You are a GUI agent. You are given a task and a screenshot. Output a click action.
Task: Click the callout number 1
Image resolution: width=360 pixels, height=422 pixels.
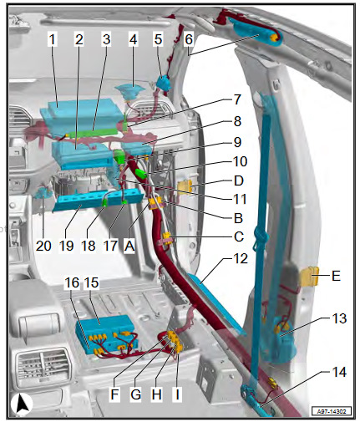pos(52,39)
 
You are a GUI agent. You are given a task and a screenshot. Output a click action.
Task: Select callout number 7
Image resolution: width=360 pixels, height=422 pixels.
pos(236,99)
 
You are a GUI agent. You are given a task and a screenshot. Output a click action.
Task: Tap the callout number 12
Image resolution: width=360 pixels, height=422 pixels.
pos(241,259)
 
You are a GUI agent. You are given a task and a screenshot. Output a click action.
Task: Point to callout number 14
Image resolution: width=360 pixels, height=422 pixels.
pos(339,372)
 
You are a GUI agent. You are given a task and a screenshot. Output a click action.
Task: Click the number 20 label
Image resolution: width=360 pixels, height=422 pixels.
pos(43,246)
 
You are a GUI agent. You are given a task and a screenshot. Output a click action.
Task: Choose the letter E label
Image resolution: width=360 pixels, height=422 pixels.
pos(336,276)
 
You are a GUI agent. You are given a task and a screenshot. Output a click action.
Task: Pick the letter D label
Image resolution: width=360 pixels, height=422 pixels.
pos(239,180)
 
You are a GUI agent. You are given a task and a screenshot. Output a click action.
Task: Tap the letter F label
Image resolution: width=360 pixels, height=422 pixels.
pos(114,394)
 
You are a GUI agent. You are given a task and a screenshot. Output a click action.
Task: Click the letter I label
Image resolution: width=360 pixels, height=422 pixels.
pos(177,394)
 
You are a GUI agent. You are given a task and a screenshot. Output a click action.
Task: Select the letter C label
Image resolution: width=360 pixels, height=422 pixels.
pos(239,236)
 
